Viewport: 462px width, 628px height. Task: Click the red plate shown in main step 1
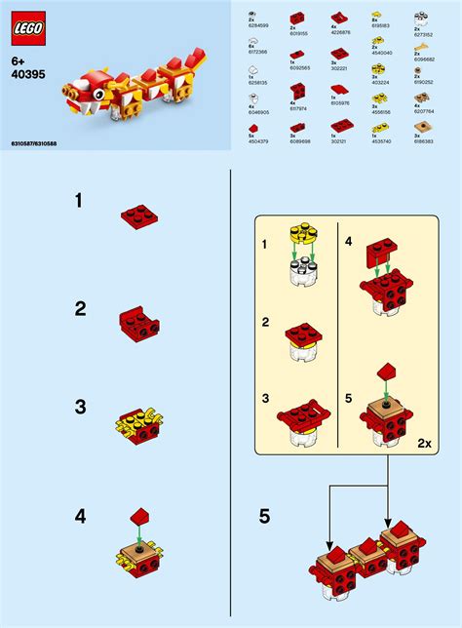[139, 217]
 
